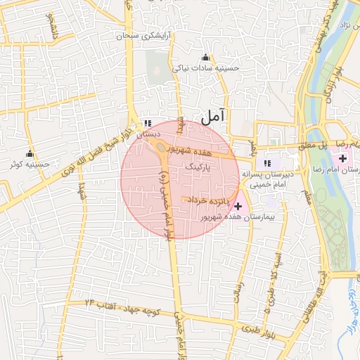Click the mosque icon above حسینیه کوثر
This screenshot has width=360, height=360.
(30, 154)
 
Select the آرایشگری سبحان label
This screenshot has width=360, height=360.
(146, 34)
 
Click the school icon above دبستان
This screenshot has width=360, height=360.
(146, 122)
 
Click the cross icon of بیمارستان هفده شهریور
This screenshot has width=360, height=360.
(238, 206)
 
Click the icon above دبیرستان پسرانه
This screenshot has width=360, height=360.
(268, 163)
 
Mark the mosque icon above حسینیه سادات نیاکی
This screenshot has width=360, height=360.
(205, 57)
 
